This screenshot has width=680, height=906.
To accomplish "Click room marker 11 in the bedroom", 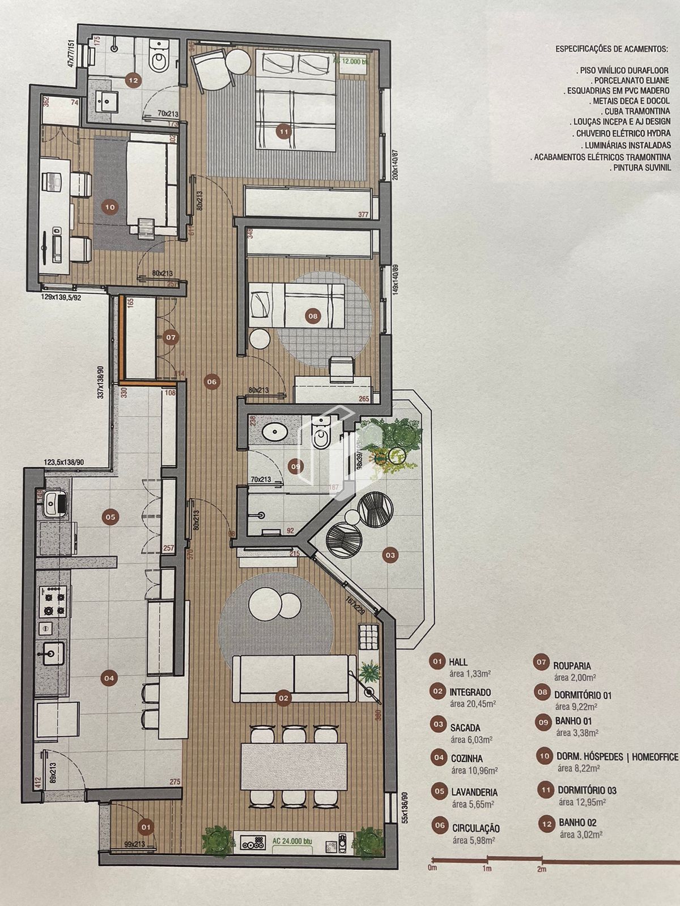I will tap(284, 132).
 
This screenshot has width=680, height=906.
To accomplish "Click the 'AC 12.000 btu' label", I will tap(351, 62).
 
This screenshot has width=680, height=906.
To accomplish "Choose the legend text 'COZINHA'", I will tap(467, 759).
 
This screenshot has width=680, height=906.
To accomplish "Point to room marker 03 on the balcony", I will tap(390, 555).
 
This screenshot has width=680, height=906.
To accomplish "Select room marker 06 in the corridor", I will tap(211, 382).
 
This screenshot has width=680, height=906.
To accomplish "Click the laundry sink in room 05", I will tap(55, 502).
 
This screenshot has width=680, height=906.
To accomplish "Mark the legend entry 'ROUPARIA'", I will tap(572, 666).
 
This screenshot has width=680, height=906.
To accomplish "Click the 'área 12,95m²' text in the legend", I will tap(582, 802).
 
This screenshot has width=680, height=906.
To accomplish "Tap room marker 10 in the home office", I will tap(110, 207).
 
